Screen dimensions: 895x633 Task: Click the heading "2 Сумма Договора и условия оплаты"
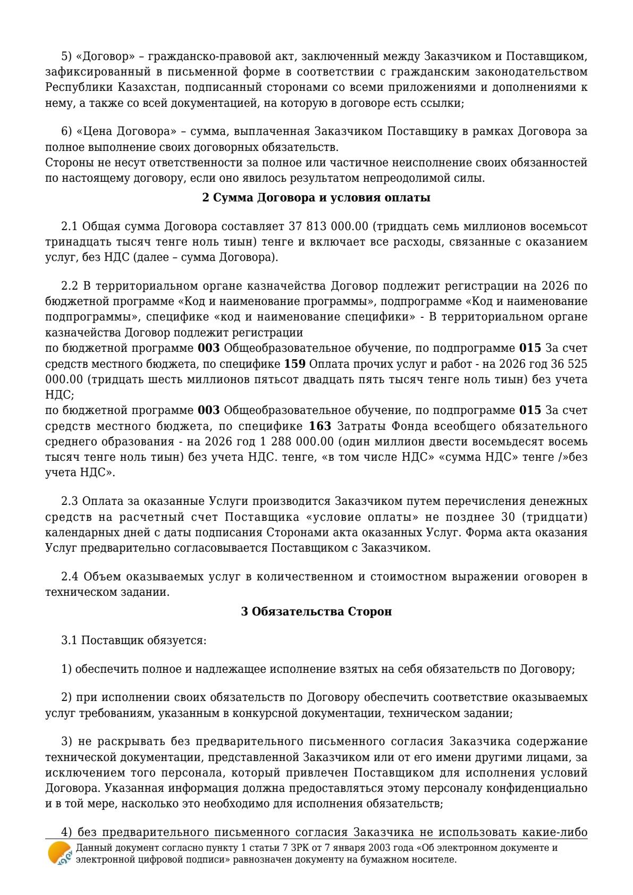[316, 198]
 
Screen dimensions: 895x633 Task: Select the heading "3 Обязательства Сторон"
[316, 612]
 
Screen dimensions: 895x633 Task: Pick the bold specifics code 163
[320, 426]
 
